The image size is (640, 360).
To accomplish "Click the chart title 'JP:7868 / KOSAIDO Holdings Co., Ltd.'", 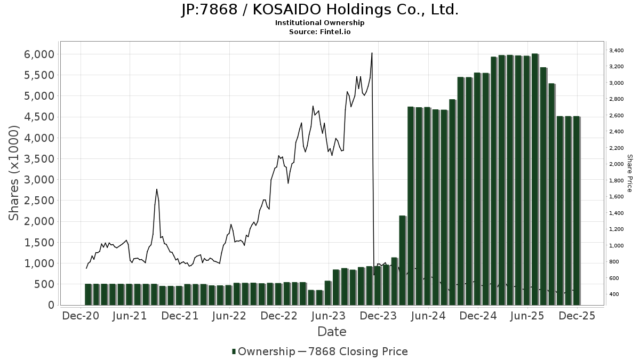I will pos(319,10).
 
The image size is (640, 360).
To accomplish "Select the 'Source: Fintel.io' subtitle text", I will pos(319,31).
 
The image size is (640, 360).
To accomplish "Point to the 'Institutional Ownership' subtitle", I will pos(319,23).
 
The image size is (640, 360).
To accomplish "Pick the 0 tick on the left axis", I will pos(51,305).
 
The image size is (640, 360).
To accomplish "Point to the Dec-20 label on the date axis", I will pos(81,316).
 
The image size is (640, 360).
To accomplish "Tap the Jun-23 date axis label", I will pos(329,316).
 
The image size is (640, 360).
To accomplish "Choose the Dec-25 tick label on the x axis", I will pos(577,316).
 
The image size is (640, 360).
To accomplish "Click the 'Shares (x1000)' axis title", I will pos(14,173).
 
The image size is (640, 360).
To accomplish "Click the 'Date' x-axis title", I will pos(332,332).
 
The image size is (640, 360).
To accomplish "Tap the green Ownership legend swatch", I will pos(234,351).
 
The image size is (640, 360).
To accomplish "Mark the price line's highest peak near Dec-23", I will pos(372,53).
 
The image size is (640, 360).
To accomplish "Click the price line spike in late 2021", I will pos(156,189).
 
